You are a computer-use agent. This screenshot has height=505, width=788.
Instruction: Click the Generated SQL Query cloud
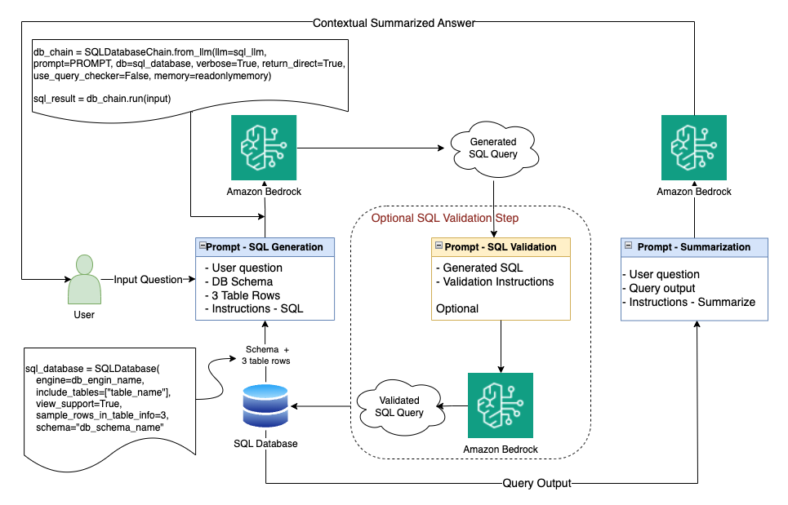(x=494, y=148)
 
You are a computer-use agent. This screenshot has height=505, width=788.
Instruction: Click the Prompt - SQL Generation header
(x=265, y=246)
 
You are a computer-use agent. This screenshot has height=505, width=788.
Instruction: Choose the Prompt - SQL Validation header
(x=500, y=246)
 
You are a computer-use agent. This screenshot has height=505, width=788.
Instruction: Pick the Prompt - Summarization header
(x=694, y=246)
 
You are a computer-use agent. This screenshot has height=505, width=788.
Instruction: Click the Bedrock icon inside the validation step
(x=500, y=405)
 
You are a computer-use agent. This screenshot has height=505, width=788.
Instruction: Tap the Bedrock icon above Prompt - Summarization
(x=694, y=148)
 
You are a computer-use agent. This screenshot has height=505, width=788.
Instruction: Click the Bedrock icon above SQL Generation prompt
(x=264, y=148)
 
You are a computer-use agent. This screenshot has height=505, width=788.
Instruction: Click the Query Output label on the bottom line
(x=536, y=483)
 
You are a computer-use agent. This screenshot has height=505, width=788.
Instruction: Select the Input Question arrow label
(x=147, y=280)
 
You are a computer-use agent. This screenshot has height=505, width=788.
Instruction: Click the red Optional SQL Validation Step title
(x=445, y=218)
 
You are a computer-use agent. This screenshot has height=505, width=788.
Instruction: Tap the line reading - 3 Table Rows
(x=243, y=295)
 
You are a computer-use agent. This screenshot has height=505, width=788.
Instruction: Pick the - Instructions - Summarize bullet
(x=688, y=302)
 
